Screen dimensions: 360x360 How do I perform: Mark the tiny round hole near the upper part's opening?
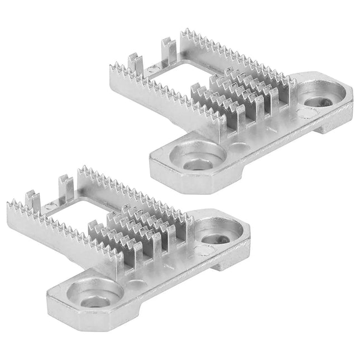coord(152,70)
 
